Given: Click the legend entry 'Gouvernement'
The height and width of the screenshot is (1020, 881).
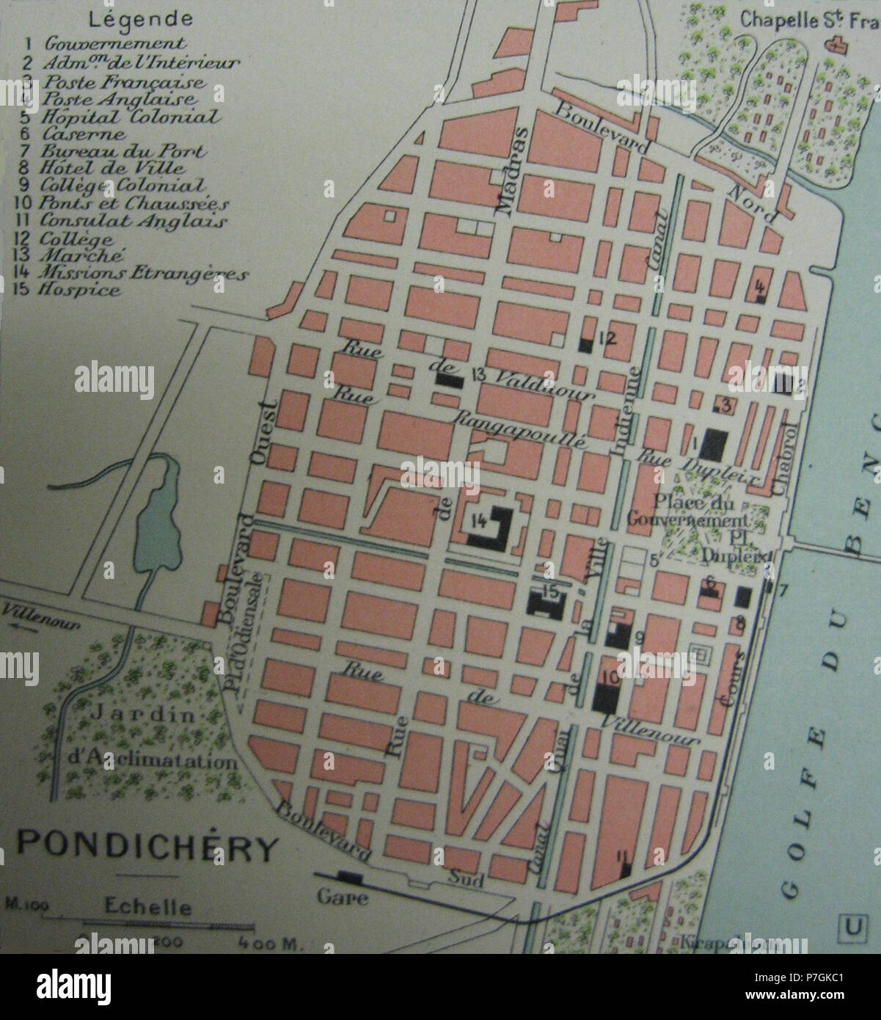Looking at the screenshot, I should click(x=116, y=43).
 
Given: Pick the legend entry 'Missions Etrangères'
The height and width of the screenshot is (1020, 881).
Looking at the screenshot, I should click(x=145, y=273).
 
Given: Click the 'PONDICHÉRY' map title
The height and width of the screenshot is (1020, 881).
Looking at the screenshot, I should click(x=147, y=848).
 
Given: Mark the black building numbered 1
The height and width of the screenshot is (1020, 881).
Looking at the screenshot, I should click(x=712, y=443).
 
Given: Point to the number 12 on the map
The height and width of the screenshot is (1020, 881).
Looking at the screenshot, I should click(x=610, y=338).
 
